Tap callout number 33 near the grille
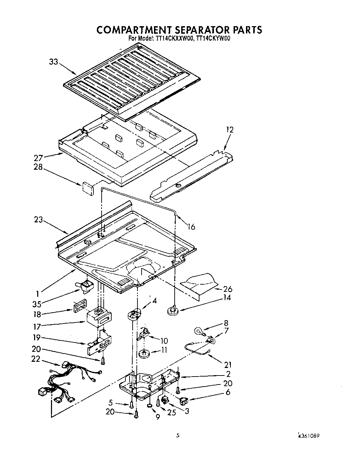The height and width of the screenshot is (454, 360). pyautogui.click(x=54, y=62)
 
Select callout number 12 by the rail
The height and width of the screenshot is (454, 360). pyautogui.click(x=230, y=130)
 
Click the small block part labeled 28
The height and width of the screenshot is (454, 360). pyautogui.click(x=88, y=189)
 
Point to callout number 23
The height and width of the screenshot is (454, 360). pyautogui.click(x=38, y=219)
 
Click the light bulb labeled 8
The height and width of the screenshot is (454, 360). pyautogui.click(x=199, y=331)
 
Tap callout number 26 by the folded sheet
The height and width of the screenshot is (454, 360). pyautogui.click(x=228, y=289)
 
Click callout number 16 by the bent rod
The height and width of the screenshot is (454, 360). pyautogui.click(x=192, y=226)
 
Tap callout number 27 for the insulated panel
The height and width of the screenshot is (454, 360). pyautogui.click(x=38, y=158)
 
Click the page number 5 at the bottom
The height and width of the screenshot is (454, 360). pyautogui.click(x=178, y=435)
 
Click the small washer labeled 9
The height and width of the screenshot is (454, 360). pyautogui.click(x=149, y=407)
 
